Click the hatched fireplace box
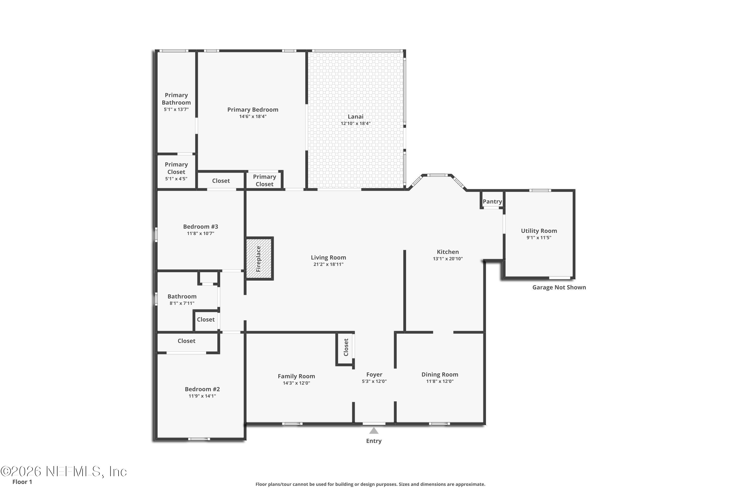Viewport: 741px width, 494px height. tap(259, 258)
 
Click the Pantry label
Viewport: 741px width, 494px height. tap(492, 202)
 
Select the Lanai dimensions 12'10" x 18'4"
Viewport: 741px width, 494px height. tap(355, 123)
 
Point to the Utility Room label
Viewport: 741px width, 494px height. tap(539, 231)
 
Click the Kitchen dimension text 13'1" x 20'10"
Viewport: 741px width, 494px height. tap(448, 259)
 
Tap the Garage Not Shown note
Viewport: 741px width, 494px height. tap(559, 287)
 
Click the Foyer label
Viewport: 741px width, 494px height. tap(374, 375)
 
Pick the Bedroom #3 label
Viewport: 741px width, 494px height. tap(200, 226)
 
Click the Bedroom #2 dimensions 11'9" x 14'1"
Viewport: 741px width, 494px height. tap(202, 396)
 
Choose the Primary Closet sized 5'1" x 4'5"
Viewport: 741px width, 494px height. tap(176, 171)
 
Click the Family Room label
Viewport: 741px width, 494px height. tap(296, 376)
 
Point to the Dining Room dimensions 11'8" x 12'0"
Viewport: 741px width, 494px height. tap(440, 381)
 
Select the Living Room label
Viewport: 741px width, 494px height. tap(328, 257)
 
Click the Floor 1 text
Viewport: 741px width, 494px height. tap(22, 482)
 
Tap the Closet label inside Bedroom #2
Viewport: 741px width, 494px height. tap(186, 341)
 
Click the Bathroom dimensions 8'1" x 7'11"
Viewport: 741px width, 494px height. tap(182, 303)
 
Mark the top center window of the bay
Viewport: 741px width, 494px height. tap(437, 175)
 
